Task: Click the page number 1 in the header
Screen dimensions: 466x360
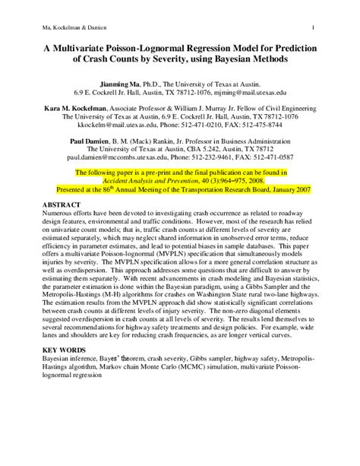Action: click(335, 28)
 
